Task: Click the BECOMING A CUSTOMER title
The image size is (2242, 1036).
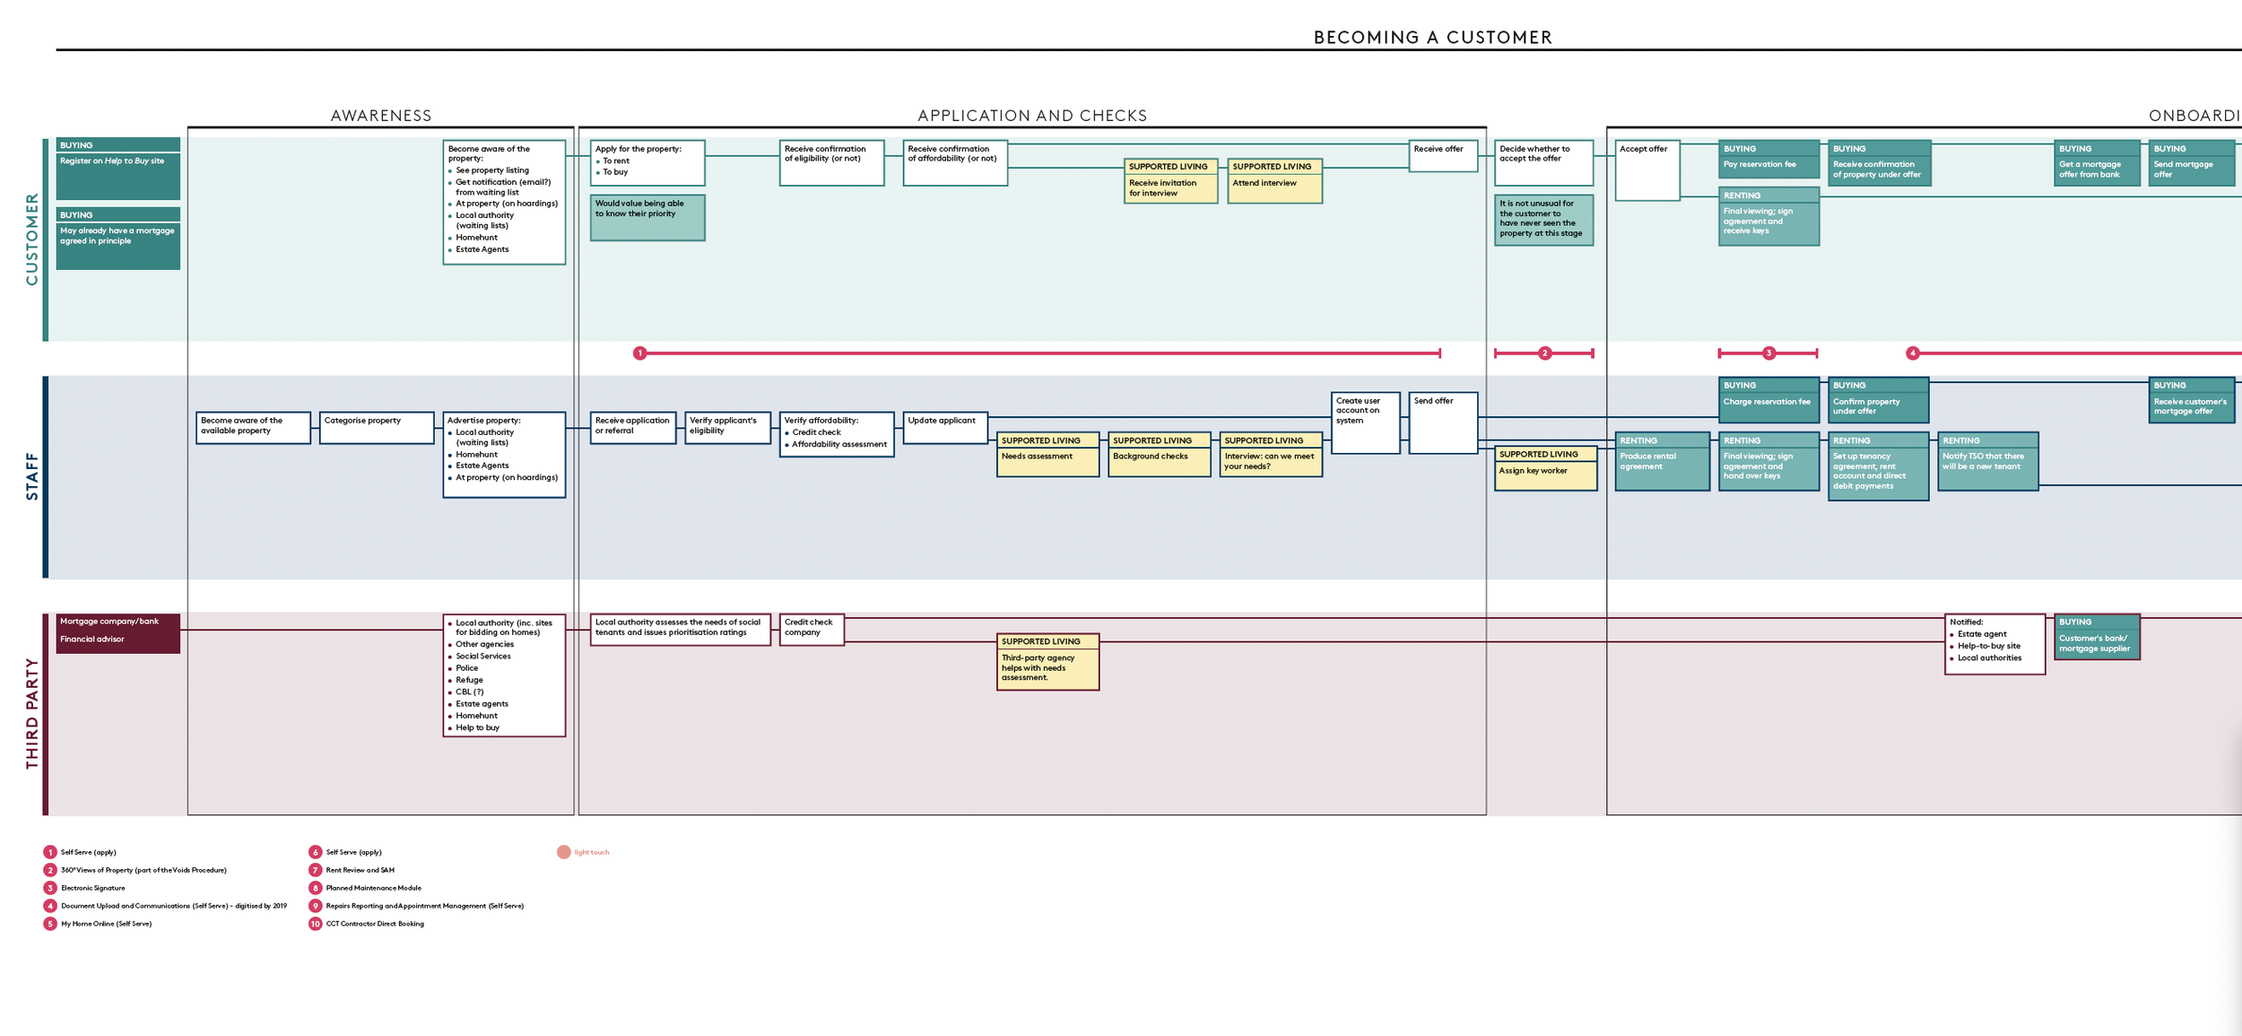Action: pos(1432,37)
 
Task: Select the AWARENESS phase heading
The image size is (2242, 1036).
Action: pos(381,116)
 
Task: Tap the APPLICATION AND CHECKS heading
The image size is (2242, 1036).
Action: pos(1032,116)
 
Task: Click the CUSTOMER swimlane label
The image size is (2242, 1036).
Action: pos(32,239)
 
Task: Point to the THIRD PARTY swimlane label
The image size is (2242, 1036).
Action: pos(32,713)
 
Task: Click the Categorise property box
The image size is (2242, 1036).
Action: pos(377,428)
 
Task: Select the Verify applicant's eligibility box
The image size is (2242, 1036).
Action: pos(727,428)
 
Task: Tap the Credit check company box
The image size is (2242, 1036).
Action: pos(811,629)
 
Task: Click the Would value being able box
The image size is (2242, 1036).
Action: pos(647,218)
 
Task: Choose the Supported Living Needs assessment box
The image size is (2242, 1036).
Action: pos(1047,454)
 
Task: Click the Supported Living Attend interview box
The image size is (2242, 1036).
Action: pos(1273,180)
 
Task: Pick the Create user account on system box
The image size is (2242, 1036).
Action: pos(1365,422)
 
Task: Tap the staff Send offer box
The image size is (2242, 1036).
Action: pos(1442,422)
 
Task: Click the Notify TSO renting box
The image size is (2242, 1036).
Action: pos(1987,461)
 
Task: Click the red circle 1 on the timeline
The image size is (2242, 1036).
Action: pos(639,353)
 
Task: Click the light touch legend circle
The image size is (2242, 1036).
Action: pos(563,852)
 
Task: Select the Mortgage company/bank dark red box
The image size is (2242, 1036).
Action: pos(117,632)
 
